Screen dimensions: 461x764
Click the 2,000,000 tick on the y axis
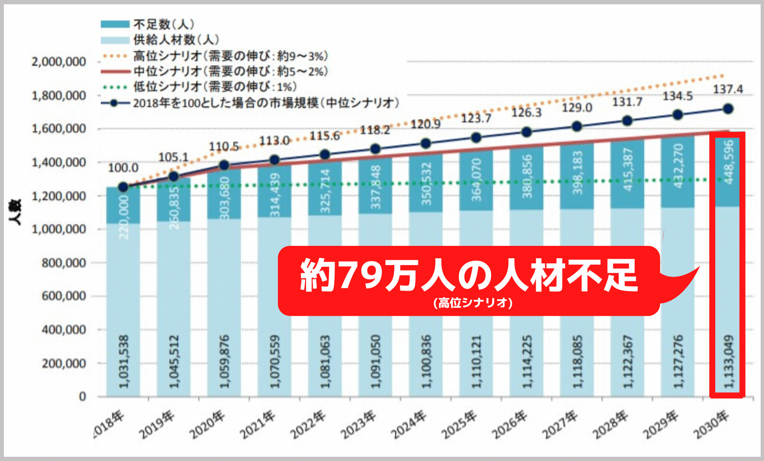point(59,62)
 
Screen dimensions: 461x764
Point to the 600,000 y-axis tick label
point(64,296)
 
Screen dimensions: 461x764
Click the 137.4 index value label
point(728,89)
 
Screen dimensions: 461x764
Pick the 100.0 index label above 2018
point(123,167)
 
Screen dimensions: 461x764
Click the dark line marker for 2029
point(677,115)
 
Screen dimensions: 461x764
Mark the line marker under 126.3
point(527,132)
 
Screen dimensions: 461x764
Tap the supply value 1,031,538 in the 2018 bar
point(123,362)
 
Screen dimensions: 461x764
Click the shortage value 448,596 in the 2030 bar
point(728,162)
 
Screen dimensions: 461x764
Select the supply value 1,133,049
point(728,362)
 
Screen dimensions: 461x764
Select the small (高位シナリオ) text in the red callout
point(473,303)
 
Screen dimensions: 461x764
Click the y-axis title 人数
point(16,212)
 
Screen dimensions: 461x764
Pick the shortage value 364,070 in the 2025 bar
point(476,180)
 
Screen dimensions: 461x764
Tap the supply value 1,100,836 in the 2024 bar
point(426,362)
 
